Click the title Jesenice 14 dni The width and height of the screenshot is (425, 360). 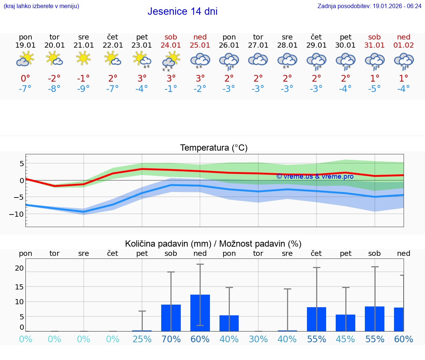pos(182,11)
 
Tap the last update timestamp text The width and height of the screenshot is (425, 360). pos(369,6)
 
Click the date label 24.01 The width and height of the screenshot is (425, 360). pos(171,45)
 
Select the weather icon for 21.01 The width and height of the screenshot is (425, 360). pos(83,58)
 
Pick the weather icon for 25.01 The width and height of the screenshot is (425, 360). pos(200,60)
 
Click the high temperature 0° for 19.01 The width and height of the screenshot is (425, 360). pos(25,78)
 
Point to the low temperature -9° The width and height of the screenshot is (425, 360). pos(83,89)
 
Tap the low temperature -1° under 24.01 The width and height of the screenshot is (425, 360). pos(171,89)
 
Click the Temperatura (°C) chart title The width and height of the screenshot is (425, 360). pos(214,148)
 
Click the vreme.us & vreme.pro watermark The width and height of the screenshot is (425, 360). pos(315,176)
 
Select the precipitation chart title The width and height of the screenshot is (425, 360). pos(213,244)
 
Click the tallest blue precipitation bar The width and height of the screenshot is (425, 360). pos(200,313)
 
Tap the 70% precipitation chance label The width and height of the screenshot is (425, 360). pos(171,339)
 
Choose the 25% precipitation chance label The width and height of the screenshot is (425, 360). pos(142,339)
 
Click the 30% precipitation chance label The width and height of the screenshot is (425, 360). pos(258,339)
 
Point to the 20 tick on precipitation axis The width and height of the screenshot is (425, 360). pos(19,268)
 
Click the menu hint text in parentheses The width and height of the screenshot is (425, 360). pos(41,6)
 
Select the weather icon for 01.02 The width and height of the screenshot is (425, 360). pos(404,60)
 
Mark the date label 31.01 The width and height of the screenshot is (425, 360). pos(374,45)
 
